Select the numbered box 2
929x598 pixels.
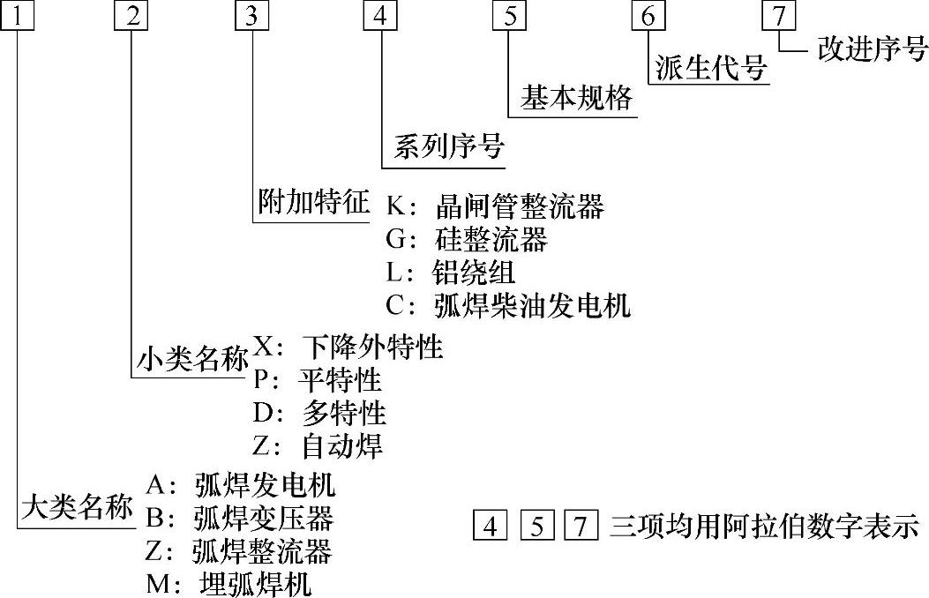130,17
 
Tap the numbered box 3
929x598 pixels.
253,17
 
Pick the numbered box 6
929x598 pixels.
648,17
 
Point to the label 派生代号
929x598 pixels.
710,69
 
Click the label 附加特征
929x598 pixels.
313,203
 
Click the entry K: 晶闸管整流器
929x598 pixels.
495,207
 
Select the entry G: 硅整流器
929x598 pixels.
467,240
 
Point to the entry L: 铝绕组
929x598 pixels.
450,273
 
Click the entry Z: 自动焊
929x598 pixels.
318,446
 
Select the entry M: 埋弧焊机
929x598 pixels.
229,584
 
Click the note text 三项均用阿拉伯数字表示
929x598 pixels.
764,527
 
